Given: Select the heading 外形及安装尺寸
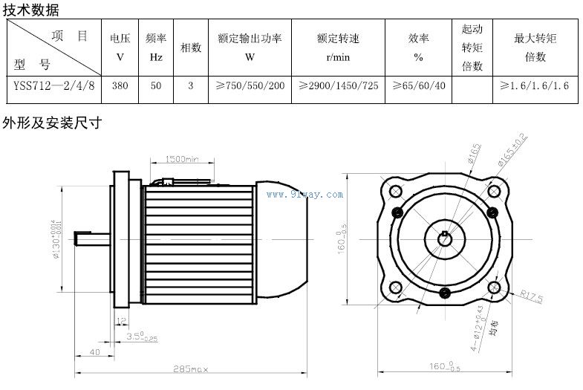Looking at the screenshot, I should pyautogui.click(x=51, y=122).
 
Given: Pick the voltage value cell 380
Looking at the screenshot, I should pyautogui.click(x=120, y=86).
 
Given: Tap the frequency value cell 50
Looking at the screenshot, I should pyautogui.click(x=155, y=86).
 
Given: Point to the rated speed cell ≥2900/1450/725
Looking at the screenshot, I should pyautogui.click(x=339, y=86).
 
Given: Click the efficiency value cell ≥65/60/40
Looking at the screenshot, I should pyautogui.click(x=419, y=86).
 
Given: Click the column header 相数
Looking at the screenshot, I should pyautogui.click(x=191, y=47).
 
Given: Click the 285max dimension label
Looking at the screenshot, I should pyautogui.click(x=192, y=368).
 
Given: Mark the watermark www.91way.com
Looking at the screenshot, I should pyautogui.click(x=305, y=195).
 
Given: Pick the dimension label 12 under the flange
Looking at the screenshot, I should pyautogui.click(x=120, y=319).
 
